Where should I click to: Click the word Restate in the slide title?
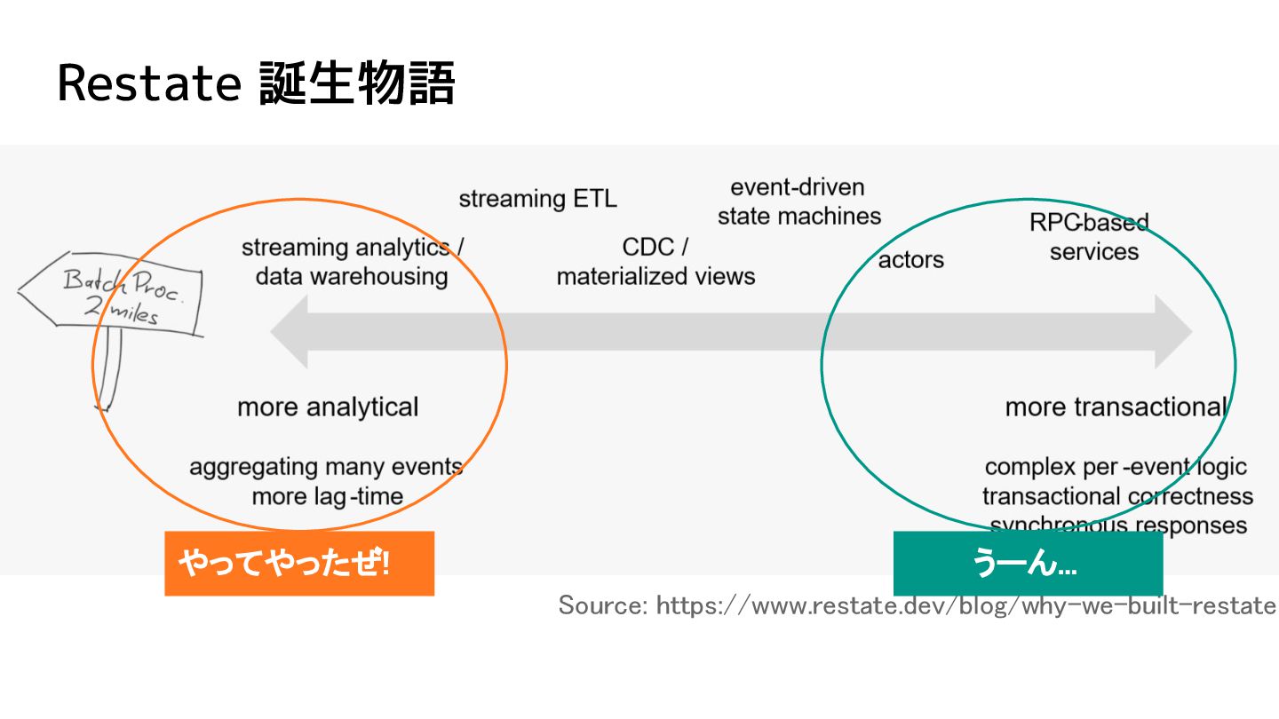point(149,85)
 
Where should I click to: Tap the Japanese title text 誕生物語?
point(357,85)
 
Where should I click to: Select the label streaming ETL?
point(537,199)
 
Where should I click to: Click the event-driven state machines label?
point(798,201)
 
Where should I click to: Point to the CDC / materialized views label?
point(655,261)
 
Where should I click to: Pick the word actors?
point(910,259)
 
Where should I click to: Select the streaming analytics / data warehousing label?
point(352,261)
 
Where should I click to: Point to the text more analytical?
point(327,407)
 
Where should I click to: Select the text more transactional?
point(1115,407)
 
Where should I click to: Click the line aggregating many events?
point(325,467)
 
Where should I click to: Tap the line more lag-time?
point(327,496)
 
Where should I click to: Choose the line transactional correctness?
point(1117,496)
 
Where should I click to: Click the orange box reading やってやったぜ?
point(299,563)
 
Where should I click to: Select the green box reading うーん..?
point(1028,563)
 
